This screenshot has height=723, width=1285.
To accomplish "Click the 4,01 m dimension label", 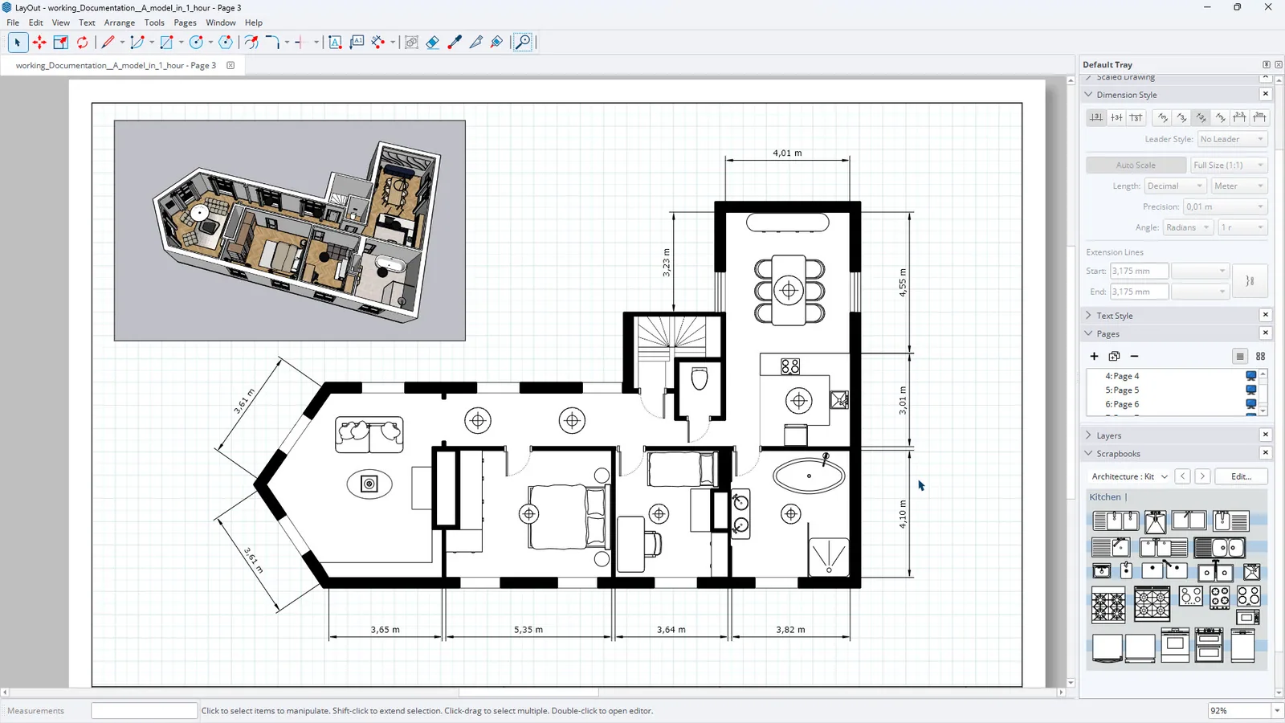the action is (787, 153).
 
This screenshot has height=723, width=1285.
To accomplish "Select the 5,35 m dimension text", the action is (528, 630).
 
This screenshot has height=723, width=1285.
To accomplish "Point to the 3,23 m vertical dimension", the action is (666, 263).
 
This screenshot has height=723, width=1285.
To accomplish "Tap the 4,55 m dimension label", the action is (903, 282).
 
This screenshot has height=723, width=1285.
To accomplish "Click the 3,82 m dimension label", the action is (790, 630).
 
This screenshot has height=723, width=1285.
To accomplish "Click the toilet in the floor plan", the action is (700, 378).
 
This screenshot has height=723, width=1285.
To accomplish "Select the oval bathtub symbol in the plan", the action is (809, 476).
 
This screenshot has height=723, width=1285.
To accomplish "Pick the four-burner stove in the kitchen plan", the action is (790, 366).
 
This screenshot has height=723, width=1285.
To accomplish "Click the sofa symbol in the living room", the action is (369, 435).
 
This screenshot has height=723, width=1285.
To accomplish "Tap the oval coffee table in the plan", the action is (369, 484).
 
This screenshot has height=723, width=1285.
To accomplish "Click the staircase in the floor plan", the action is (671, 338).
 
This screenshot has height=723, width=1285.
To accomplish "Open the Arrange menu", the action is (120, 22).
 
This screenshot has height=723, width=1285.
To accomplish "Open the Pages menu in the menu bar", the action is (185, 22).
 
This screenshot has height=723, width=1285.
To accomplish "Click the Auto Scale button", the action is (1136, 165).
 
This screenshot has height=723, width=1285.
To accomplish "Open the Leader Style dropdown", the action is (1232, 139).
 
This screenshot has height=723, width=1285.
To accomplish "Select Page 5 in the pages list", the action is (1122, 390).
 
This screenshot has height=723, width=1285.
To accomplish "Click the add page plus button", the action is (1094, 357).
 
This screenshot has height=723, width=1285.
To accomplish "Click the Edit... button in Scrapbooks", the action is (1241, 476).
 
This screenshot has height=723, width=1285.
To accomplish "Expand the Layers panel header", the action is (1108, 435).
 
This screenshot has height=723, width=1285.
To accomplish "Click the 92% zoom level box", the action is (1239, 710).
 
